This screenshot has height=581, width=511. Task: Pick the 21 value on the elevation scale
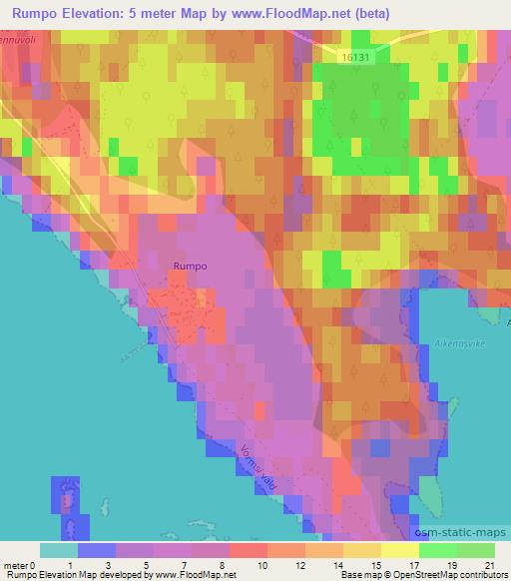[x=489, y=565]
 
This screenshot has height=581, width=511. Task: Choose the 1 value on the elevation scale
[x=72, y=565]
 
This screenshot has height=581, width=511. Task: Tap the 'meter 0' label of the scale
[x=20, y=565]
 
